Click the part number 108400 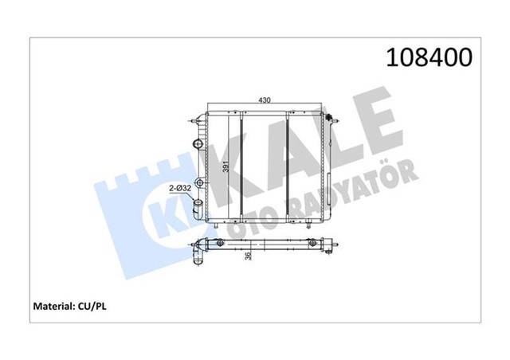pyautogui.click(x=429, y=57)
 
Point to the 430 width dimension pyautogui.click(x=264, y=100)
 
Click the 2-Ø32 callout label pyautogui.click(x=178, y=188)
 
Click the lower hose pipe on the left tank pyautogui.click(x=197, y=209)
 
